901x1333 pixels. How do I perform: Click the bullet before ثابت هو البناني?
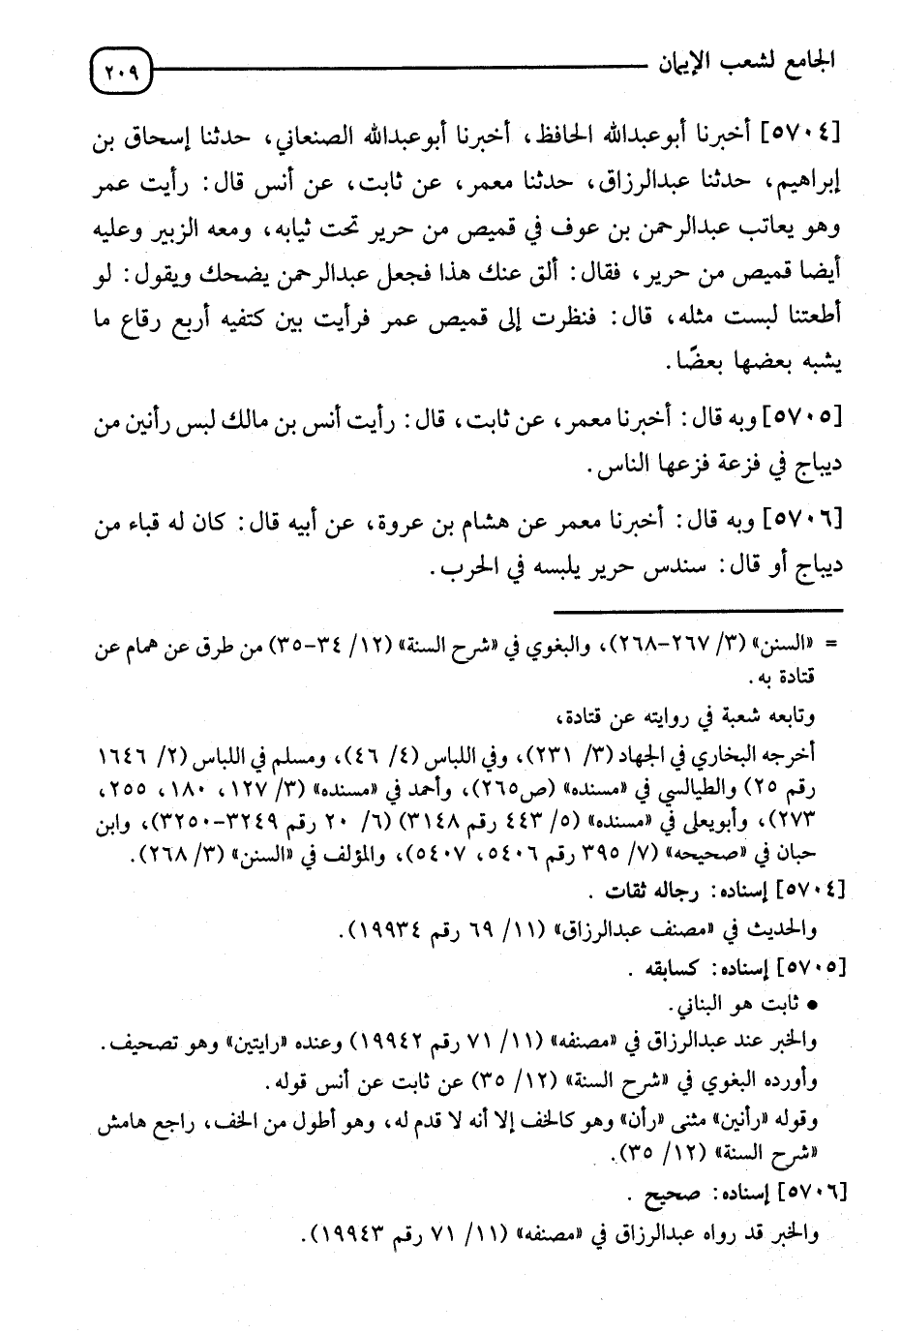[x=811, y=1006]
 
